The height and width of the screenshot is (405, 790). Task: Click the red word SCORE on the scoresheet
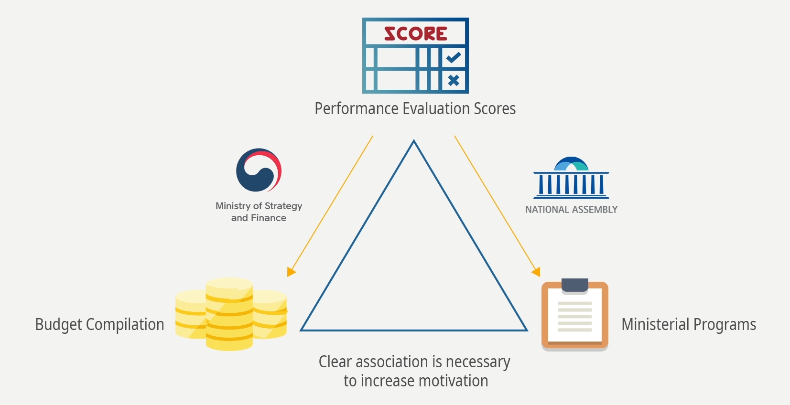[415, 33]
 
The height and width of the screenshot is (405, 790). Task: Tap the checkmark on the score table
[454, 57]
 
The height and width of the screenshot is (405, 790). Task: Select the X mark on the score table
[454, 80]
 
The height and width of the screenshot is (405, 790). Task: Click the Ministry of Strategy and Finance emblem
[259, 170]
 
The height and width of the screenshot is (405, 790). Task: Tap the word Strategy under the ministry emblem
[283, 206]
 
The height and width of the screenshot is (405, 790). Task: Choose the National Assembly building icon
[571, 178]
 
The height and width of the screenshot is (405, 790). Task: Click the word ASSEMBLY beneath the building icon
[595, 210]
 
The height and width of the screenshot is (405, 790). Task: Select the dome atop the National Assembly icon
[571, 164]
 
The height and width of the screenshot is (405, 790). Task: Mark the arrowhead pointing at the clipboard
[536, 271]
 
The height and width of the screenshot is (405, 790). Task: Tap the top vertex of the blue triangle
[414, 141]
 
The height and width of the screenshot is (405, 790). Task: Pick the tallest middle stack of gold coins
[229, 314]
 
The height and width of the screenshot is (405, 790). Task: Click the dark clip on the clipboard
[575, 285]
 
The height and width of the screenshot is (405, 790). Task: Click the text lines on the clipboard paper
[575, 316]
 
